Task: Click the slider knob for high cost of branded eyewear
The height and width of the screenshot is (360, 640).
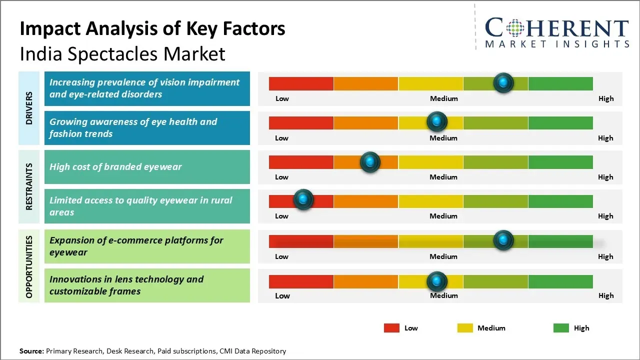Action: pyautogui.click(x=370, y=162)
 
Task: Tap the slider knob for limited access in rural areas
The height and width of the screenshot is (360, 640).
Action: pyautogui.click(x=303, y=199)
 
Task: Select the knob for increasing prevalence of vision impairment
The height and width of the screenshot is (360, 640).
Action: pyautogui.click(x=503, y=82)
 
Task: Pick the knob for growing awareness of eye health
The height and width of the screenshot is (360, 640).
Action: pyautogui.click(x=437, y=121)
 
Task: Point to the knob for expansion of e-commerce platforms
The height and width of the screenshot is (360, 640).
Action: pyautogui.click(x=503, y=240)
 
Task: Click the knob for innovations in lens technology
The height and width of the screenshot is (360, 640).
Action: pyautogui.click(x=437, y=281)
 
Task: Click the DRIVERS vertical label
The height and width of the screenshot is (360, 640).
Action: pyautogui.click(x=29, y=107)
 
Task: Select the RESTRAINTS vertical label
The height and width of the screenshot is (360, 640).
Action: pyautogui.click(x=29, y=186)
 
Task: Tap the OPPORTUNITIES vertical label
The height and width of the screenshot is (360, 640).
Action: pyautogui.click(x=29, y=266)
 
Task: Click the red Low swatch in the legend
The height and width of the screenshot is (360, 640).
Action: pyautogui.click(x=391, y=328)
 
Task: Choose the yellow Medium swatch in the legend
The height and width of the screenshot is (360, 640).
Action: pyautogui.click(x=465, y=328)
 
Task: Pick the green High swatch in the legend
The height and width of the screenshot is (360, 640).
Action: pyautogui.click(x=561, y=328)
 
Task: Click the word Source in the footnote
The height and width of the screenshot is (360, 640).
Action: pyautogui.click(x=31, y=351)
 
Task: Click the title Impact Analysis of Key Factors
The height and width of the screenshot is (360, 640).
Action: pyautogui.click(x=152, y=28)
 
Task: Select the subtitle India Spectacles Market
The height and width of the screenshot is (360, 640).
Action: pyautogui.click(x=122, y=53)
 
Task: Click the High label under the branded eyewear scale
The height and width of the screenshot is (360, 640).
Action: pyautogui.click(x=605, y=177)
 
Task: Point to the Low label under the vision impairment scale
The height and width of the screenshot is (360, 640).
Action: pyautogui.click(x=282, y=98)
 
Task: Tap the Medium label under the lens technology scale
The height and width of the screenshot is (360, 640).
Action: pyautogui.click(x=444, y=295)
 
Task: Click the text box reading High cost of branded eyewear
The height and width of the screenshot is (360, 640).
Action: pyautogui.click(x=147, y=167)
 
